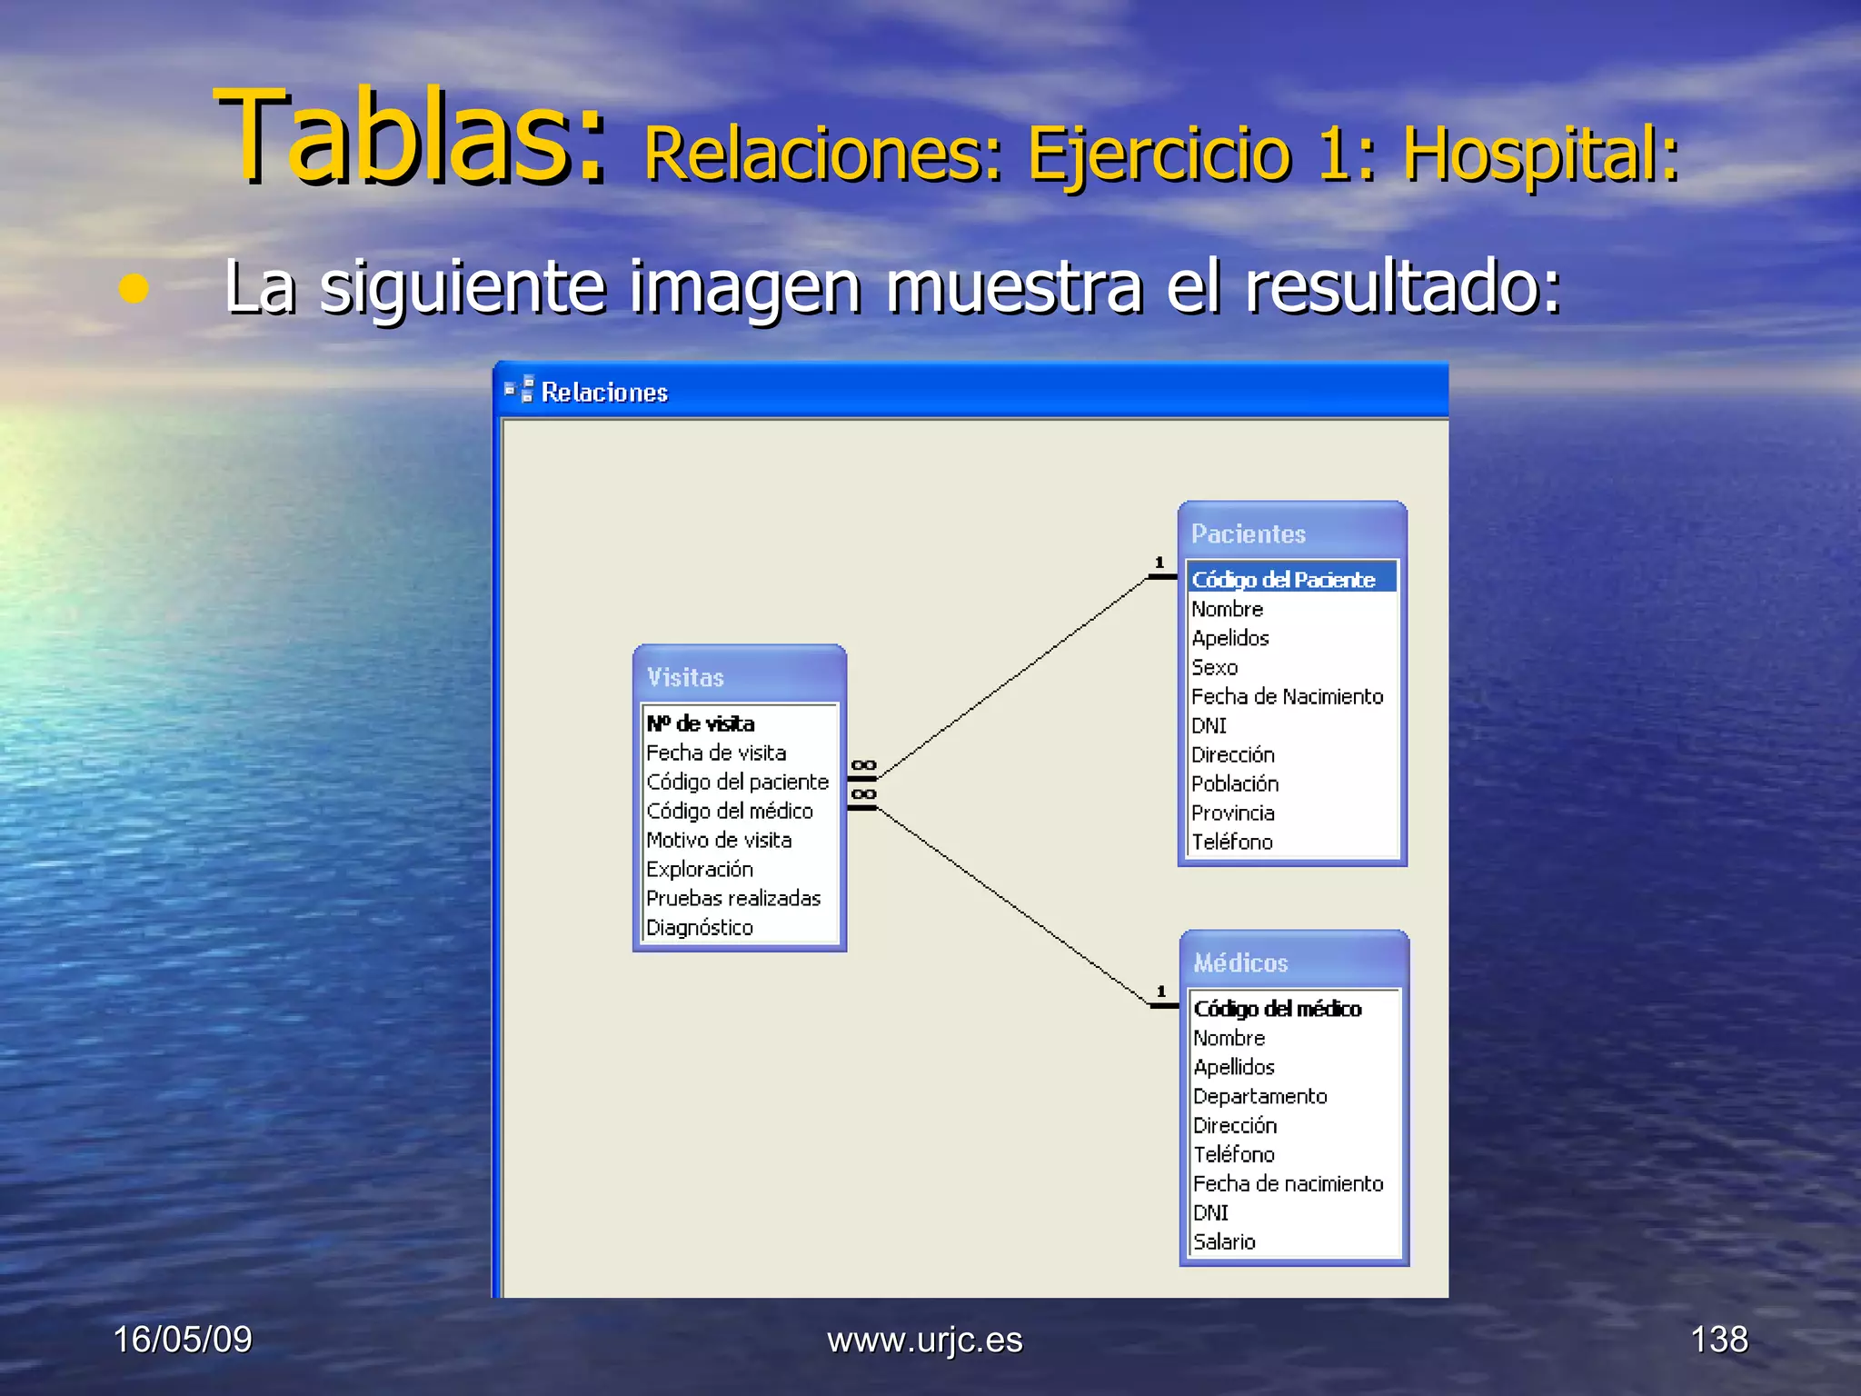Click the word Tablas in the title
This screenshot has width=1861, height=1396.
tap(409, 138)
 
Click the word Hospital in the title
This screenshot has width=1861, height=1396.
tap(1539, 155)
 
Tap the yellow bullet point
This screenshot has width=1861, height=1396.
tap(134, 289)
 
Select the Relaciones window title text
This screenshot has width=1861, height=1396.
tap(604, 393)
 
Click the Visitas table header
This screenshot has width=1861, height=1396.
tap(685, 678)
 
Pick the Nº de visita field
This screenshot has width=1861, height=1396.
tap(701, 724)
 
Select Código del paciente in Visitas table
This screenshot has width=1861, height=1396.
tap(737, 783)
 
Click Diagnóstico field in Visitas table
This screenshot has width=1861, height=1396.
tap(700, 928)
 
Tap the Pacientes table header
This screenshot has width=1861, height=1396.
tap(1249, 534)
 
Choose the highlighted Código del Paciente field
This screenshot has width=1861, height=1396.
tap(1283, 580)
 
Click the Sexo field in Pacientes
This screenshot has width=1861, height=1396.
tap(1215, 668)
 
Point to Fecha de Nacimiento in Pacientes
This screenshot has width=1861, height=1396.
tap(1287, 697)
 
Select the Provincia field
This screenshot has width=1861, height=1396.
tap(1233, 813)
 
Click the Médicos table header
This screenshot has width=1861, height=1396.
tap(1241, 963)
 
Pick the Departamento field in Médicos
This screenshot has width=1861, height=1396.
tap(1260, 1097)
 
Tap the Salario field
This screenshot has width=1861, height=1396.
tap(1224, 1242)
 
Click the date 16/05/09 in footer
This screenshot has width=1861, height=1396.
tap(183, 1340)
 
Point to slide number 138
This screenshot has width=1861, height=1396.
tap(1719, 1340)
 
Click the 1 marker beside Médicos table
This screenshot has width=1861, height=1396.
tap(1161, 992)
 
